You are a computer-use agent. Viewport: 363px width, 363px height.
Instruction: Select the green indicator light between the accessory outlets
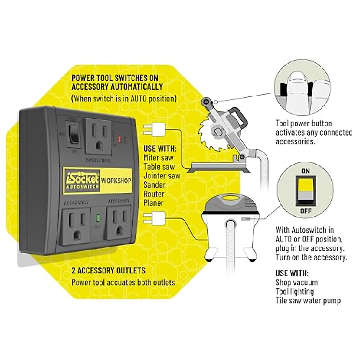pos(98,218)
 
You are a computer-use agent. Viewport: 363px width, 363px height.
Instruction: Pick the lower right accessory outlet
pos(118,223)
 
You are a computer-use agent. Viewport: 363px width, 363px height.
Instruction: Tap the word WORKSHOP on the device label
pos(116,181)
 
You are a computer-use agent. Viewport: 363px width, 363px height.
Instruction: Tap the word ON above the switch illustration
pos(306,171)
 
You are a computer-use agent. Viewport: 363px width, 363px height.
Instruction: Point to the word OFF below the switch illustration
pos(306,211)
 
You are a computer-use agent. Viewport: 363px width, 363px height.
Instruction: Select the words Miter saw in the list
pos(158,158)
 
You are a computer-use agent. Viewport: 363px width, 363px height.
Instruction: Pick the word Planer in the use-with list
pos(153,203)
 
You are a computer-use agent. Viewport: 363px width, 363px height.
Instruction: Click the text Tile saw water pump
pos(308,301)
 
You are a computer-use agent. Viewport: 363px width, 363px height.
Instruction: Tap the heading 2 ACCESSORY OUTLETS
pos(108,270)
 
